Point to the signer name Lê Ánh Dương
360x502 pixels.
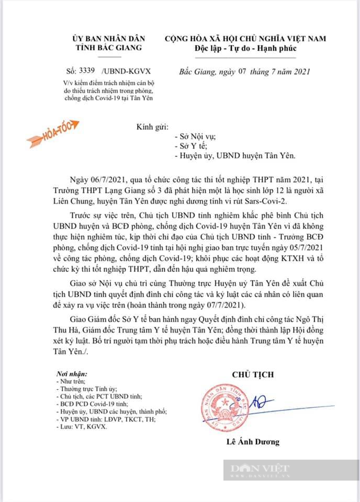tap(253, 441)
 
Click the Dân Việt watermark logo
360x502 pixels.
tap(259, 469)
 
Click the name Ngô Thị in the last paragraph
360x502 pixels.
tap(323, 317)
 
